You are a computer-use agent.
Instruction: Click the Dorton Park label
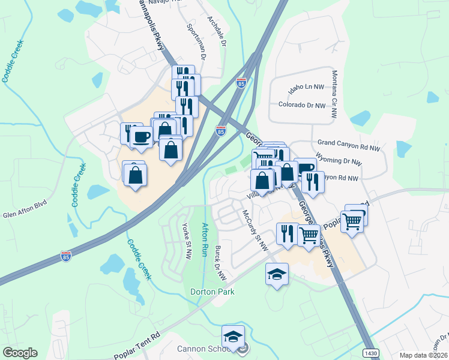(x=212, y=292)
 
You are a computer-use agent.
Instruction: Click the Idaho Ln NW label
(x=306, y=87)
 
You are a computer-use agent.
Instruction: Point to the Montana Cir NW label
(x=335, y=89)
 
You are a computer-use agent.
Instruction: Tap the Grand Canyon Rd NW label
(x=349, y=145)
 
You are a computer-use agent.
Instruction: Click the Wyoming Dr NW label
(x=339, y=161)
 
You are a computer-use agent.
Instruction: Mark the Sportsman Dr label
(x=196, y=43)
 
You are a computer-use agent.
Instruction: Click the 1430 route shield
(x=371, y=353)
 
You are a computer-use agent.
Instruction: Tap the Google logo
(x=19, y=353)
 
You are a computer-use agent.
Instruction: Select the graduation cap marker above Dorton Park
(x=277, y=274)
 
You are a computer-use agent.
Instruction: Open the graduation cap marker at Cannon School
(x=233, y=337)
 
